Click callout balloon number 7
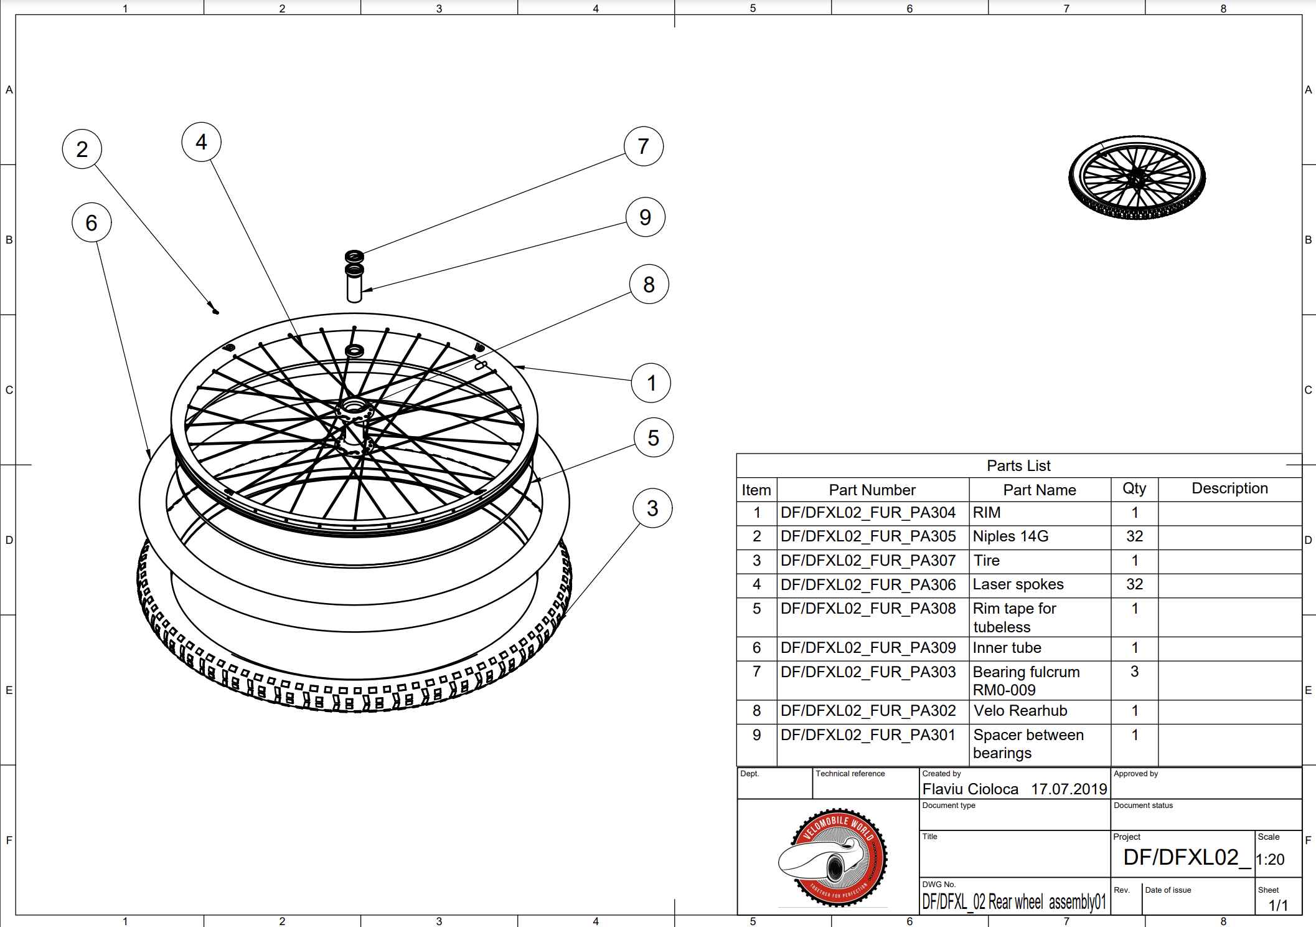[x=643, y=146]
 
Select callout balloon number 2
[x=82, y=150]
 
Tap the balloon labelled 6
[x=92, y=222]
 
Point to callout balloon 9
[x=645, y=217]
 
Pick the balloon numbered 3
[x=652, y=508]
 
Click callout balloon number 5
[x=653, y=437]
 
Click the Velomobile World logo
[x=833, y=857]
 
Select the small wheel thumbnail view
[x=1137, y=178]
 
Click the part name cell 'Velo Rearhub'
[x=1020, y=711]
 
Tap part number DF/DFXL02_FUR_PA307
[x=868, y=561]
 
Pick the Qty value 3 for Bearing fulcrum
[x=1134, y=672]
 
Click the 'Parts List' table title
[x=1018, y=466]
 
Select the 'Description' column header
[x=1229, y=488]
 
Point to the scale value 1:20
[x=1271, y=860]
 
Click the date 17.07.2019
[x=1069, y=789]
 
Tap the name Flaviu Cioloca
[x=970, y=789]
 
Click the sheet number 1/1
[x=1278, y=905]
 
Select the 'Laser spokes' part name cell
[x=1018, y=584]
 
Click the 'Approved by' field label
[x=1135, y=774]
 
